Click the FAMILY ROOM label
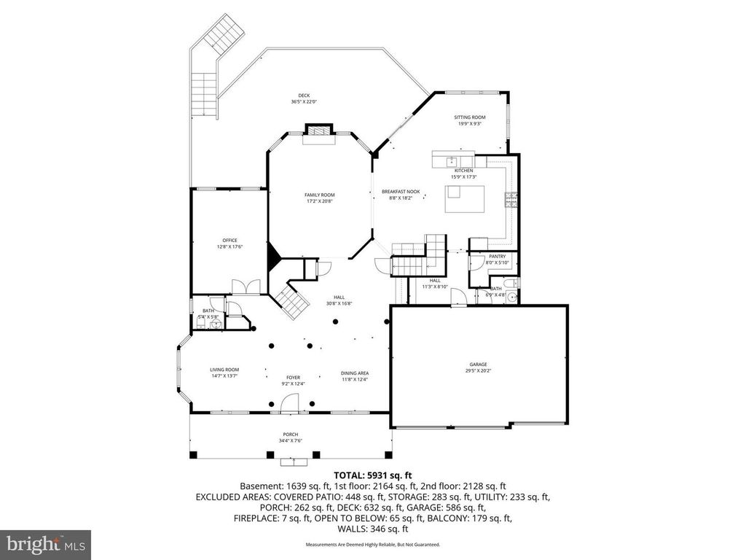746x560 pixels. (319, 195)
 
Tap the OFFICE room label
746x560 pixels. (229, 240)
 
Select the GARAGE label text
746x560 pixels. (478, 364)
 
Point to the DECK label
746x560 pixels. (304, 96)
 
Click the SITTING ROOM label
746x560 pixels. (470, 117)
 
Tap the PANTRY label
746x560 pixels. (498, 256)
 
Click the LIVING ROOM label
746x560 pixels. (225, 370)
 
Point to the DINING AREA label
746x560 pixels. (355, 373)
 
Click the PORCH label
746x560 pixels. (291, 435)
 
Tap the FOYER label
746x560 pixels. (293, 378)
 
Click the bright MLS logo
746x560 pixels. (45, 544)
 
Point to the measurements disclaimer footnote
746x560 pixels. (372, 545)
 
